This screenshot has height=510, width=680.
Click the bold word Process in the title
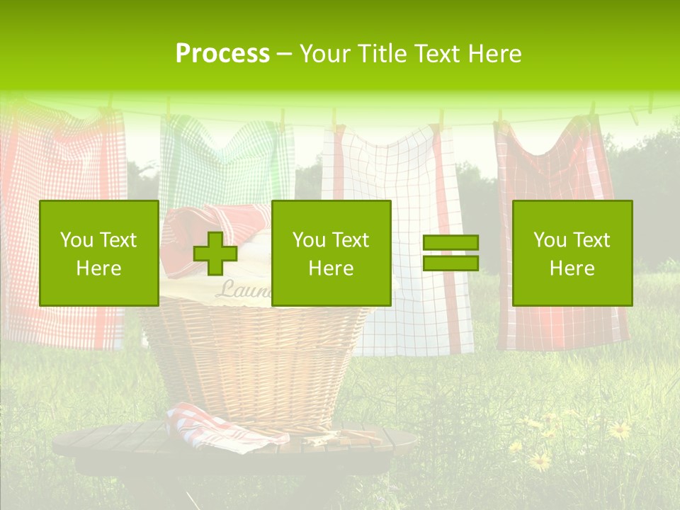click(x=222, y=54)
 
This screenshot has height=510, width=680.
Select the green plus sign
click(x=215, y=254)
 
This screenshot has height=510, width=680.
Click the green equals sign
click(x=450, y=253)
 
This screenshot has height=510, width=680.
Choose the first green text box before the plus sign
click(x=98, y=253)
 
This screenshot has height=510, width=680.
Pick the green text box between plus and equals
click(x=331, y=253)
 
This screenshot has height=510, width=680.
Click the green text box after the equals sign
click(x=572, y=253)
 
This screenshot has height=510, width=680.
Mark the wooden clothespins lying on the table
click(x=340, y=436)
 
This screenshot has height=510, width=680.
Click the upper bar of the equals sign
click(x=450, y=243)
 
